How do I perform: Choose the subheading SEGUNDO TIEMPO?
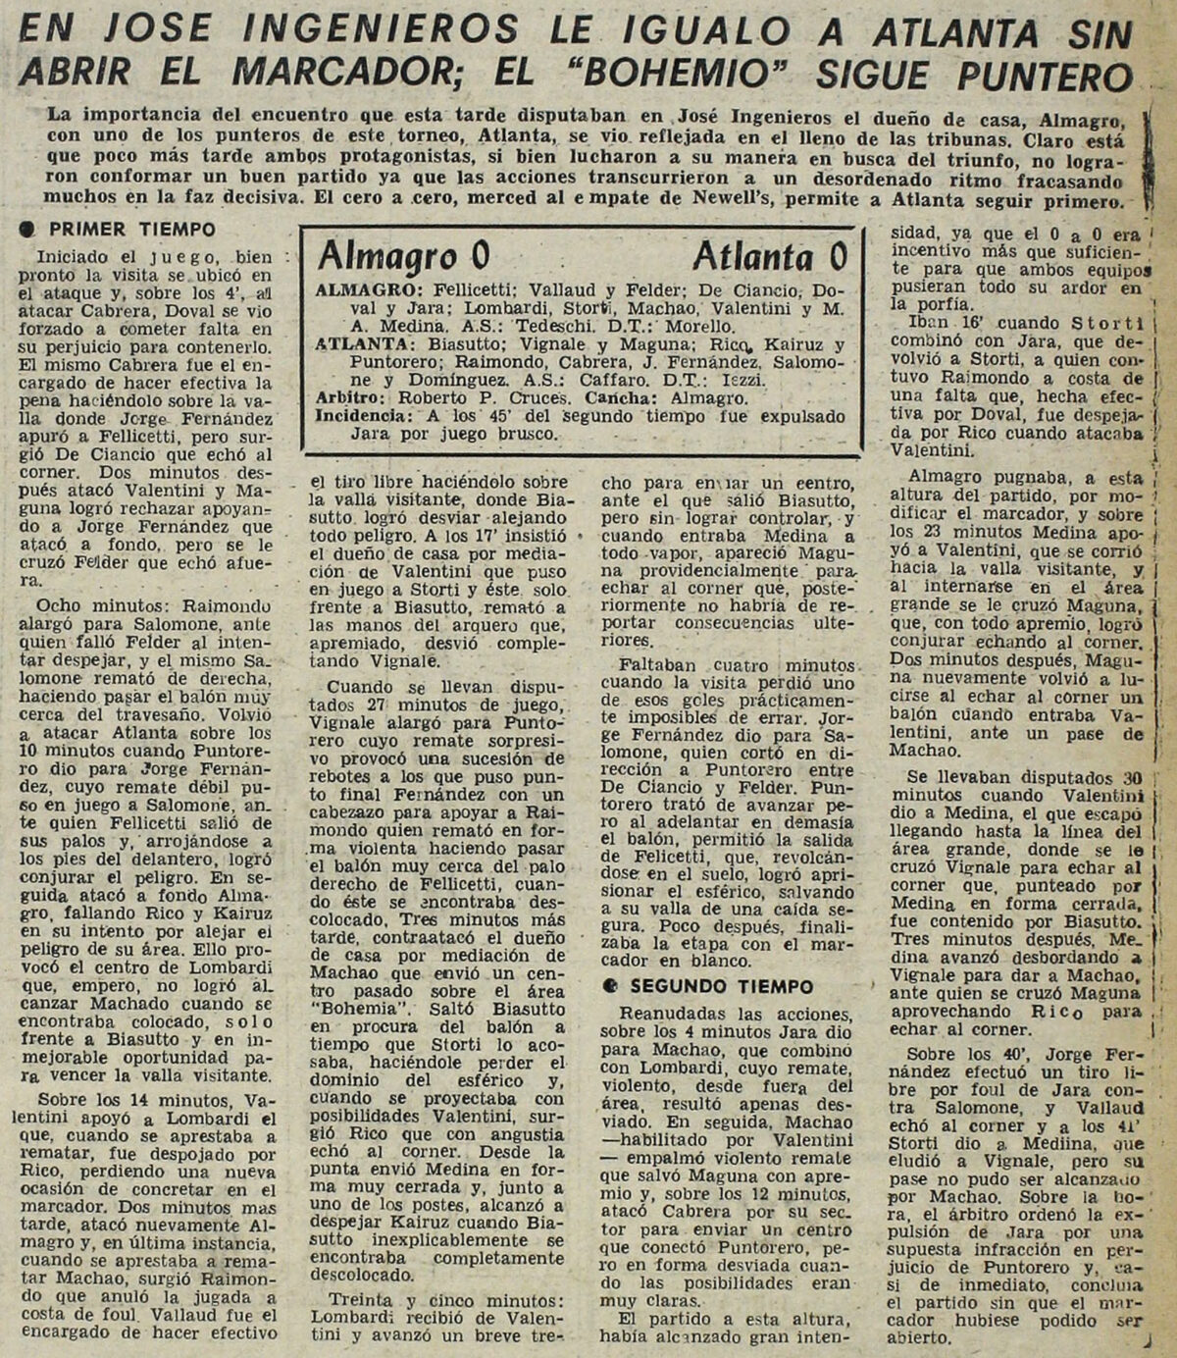[722, 986]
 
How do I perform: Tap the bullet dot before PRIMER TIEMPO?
[28, 230]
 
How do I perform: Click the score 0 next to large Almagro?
[481, 257]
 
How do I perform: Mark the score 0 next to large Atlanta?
[837, 257]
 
